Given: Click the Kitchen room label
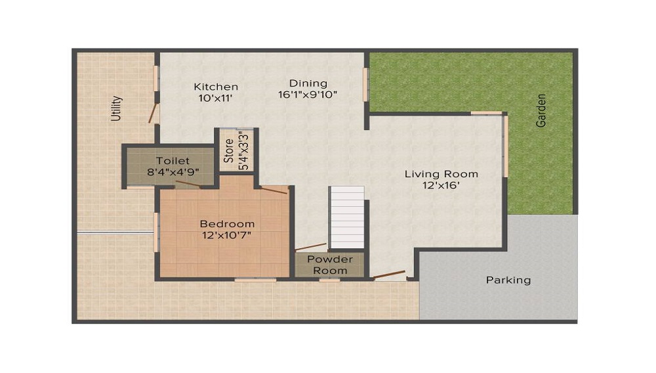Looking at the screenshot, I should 216,87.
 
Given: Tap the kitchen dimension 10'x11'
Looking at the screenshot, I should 216,99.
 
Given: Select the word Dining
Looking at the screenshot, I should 308,83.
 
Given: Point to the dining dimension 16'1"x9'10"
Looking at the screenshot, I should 308,95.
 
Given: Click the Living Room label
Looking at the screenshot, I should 441,174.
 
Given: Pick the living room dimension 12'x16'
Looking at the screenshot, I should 441,186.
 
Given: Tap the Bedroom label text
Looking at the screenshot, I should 227,223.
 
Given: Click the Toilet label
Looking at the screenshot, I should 173,161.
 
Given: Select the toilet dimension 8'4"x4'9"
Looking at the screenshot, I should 173,172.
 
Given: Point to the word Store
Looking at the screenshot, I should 229,150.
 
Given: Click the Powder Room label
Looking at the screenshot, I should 330,265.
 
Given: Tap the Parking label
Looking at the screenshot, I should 508,280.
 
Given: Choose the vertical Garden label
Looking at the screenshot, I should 541,110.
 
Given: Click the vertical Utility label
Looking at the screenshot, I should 116,109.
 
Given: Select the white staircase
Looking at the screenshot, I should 346,217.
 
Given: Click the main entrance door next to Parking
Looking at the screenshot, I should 389,274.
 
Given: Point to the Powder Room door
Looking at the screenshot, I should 311,248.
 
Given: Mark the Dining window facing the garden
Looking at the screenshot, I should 366,85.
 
